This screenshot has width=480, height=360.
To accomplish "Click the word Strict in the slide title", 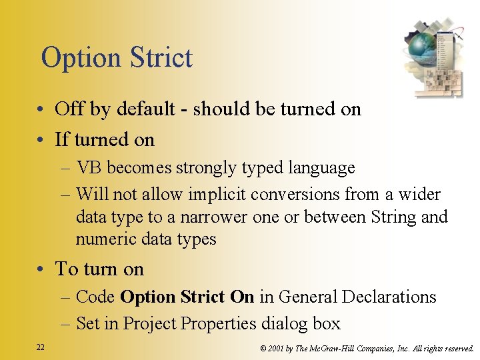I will click(157, 58).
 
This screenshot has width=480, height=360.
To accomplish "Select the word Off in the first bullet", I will click(68, 109).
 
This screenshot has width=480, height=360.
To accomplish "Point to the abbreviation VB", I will click(89, 168).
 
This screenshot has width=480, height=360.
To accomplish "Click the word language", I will click(323, 168).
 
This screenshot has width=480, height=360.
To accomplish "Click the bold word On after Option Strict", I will click(242, 297).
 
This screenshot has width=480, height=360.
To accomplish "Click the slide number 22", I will click(41, 347).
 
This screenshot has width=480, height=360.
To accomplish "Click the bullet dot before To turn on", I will click(41, 270).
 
